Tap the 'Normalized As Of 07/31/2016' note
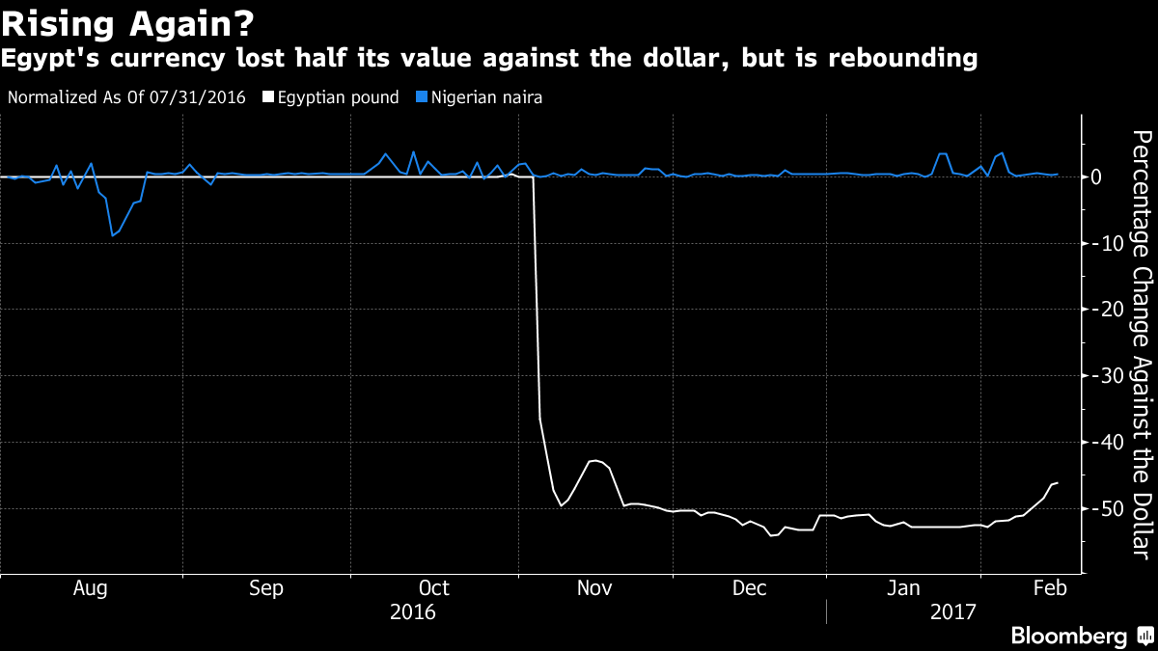(125, 97)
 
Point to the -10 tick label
(1105, 243)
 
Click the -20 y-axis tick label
(1105, 310)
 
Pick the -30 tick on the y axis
(1105, 376)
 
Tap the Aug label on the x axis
(89, 588)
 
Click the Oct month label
(434, 588)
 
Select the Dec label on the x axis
(749, 588)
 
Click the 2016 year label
(412, 611)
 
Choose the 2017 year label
(952, 611)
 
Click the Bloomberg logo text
(1068, 636)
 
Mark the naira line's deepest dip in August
(112, 235)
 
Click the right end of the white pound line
(1058, 482)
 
